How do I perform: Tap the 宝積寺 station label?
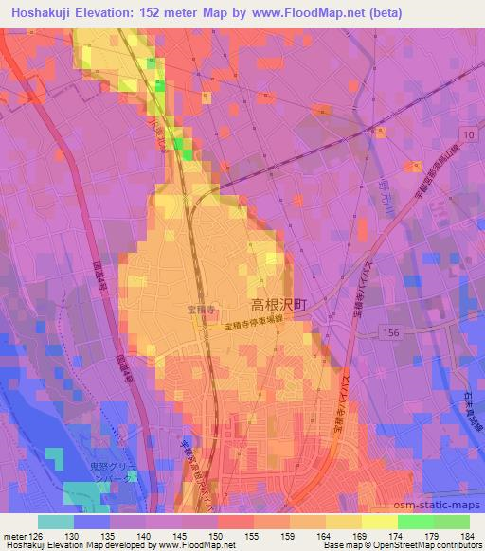pos(196,309)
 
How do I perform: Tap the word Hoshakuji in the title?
pos(37,12)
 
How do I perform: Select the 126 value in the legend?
pos(37,536)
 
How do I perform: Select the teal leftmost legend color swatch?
pos(55,521)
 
